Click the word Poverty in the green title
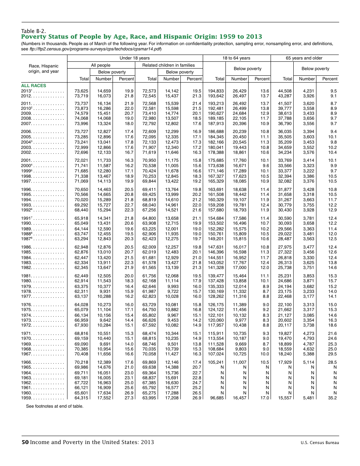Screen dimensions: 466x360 tap(36, 37)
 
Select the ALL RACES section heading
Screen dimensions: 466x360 tap(33, 86)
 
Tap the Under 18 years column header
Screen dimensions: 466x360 tap(135, 58)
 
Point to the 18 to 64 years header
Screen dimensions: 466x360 tap(236, 58)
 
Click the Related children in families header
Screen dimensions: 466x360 tap(168, 65)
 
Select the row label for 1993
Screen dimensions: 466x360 tap(27, 204)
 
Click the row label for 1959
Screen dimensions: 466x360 tap(27, 398)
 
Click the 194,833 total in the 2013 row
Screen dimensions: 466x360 tap(216, 91)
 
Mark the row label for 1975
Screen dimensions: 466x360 tap(27, 310)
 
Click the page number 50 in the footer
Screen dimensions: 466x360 tap(25, 442)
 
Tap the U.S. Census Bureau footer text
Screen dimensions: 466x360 tap(320, 443)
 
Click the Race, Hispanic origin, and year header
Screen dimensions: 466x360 tap(44, 69)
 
